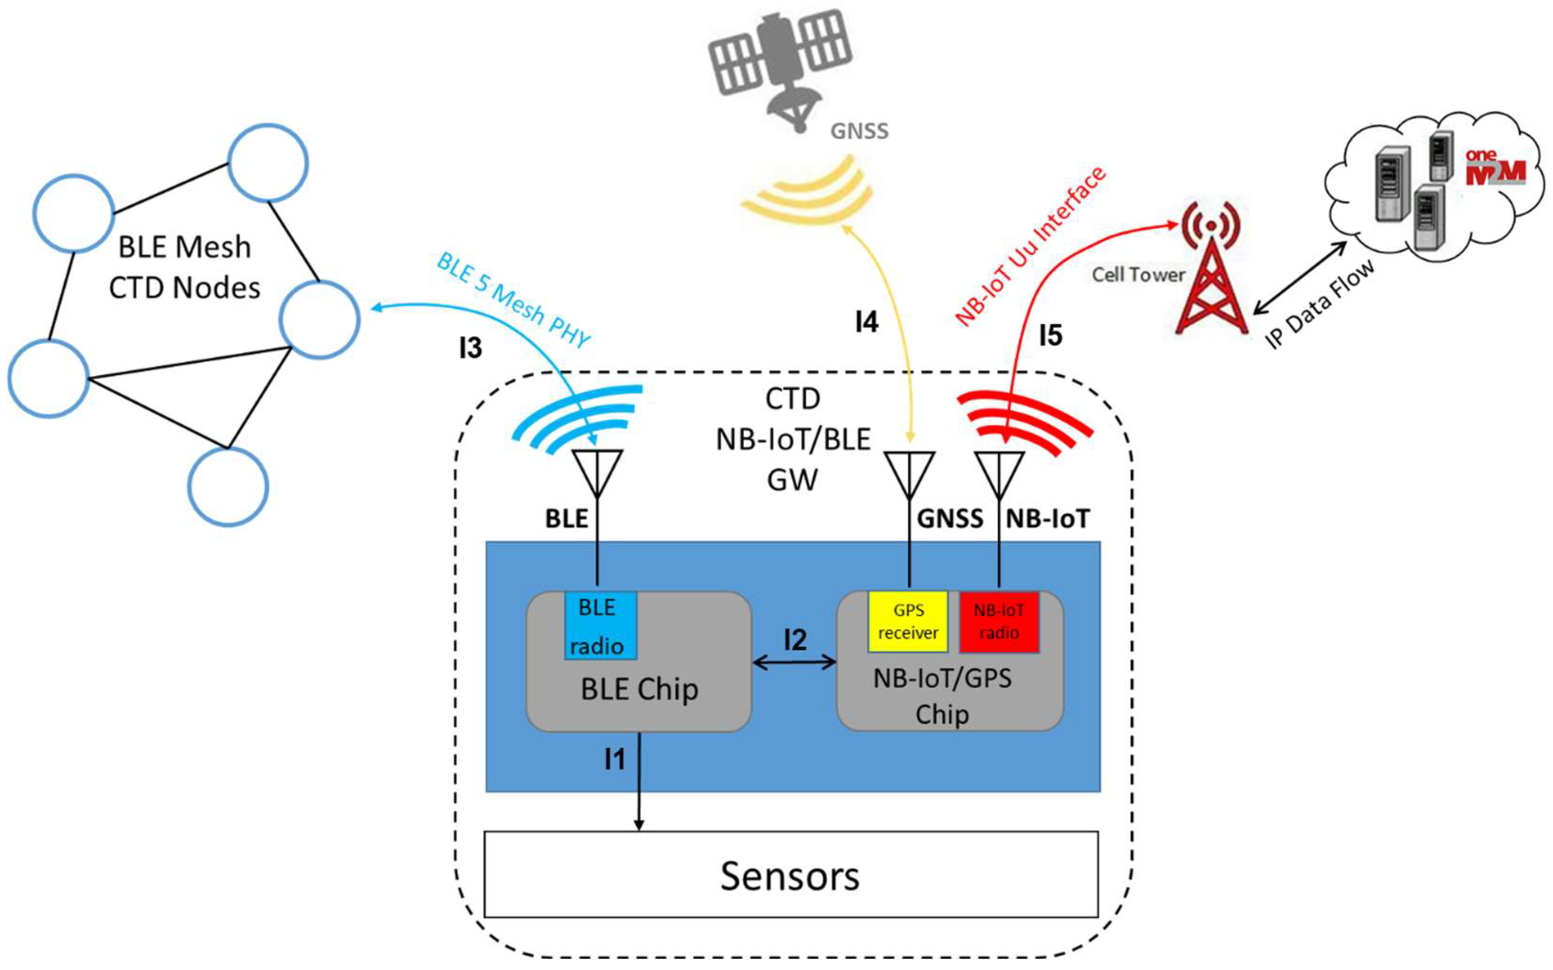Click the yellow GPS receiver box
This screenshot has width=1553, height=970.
coord(908,621)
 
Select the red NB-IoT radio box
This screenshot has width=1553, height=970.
coord(999,621)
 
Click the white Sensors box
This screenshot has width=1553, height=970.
coord(790,875)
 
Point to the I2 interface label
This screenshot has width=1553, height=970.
coord(795,640)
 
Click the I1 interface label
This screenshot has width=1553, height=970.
coord(615,759)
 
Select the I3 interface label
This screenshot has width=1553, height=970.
coord(470,348)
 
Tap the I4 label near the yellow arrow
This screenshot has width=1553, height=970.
coord(866,321)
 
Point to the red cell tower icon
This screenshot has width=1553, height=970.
coord(1210,273)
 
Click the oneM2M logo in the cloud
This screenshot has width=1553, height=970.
coord(1494,168)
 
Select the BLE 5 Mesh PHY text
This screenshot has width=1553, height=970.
coord(513,300)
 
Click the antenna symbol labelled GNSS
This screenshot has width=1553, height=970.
coord(909,475)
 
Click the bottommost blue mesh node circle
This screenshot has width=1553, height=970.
coord(228,486)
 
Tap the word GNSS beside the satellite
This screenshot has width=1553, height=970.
coord(859,131)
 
